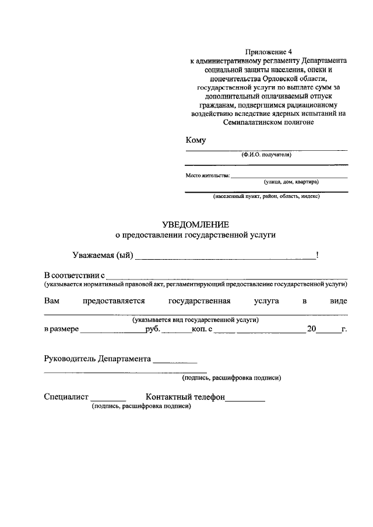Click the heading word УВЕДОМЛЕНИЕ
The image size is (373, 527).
(x=195, y=224)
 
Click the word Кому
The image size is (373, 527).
(x=195, y=140)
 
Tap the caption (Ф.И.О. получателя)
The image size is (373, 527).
(x=266, y=155)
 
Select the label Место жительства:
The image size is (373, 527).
(x=207, y=175)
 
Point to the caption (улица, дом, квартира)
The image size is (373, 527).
(x=291, y=182)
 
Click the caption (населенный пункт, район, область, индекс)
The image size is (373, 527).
(x=266, y=196)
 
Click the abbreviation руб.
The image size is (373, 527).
(x=152, y=329)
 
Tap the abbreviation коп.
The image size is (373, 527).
(x=199, y=329)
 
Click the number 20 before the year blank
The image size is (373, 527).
(x=312, y=329)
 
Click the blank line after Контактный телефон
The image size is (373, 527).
(x=245, y=399)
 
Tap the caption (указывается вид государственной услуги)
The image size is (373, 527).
(x=195, y=320)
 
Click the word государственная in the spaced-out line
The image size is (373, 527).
(x=200, y=301)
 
